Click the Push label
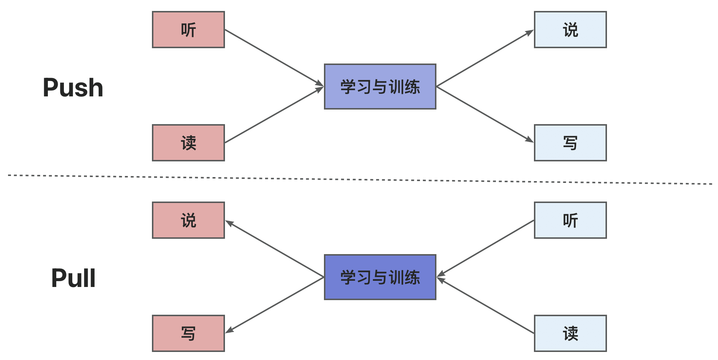pyautogui.click(x=73, y=88)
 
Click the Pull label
pyautogui.click(x=73, y=278)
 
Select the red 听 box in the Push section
pyautogui.click(x=188, y=30)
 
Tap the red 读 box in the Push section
pyautogui.click(x=188, y=143)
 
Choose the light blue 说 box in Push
pyautogui.click(x=570, y=30)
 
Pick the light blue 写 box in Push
pyautogui.click(x=570, y=143)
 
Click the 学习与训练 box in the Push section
pyautogui.click(x=380, y=87)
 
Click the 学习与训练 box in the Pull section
pyautogui.click(x=380, y=277)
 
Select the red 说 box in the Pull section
pyautogui.click(x=188, y=220)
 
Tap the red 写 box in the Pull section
pyautogui.click(x=188, y=333)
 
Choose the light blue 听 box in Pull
pyautogui.click(x=570, y=220)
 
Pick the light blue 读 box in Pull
pyautogui.click(x=570, y=333)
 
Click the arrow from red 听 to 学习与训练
pyautogui.click(x=274, y=58)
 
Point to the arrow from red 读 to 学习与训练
pyautogui.click(x=274, y=115)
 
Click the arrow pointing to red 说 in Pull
pyautogui.click(x=274, y=249)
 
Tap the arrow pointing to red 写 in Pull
pyautogui.click(x=274, y=305)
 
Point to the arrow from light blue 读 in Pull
pyautogui.click(x=485, y=306)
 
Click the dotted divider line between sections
pyautogui.click(x=360, y=180)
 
